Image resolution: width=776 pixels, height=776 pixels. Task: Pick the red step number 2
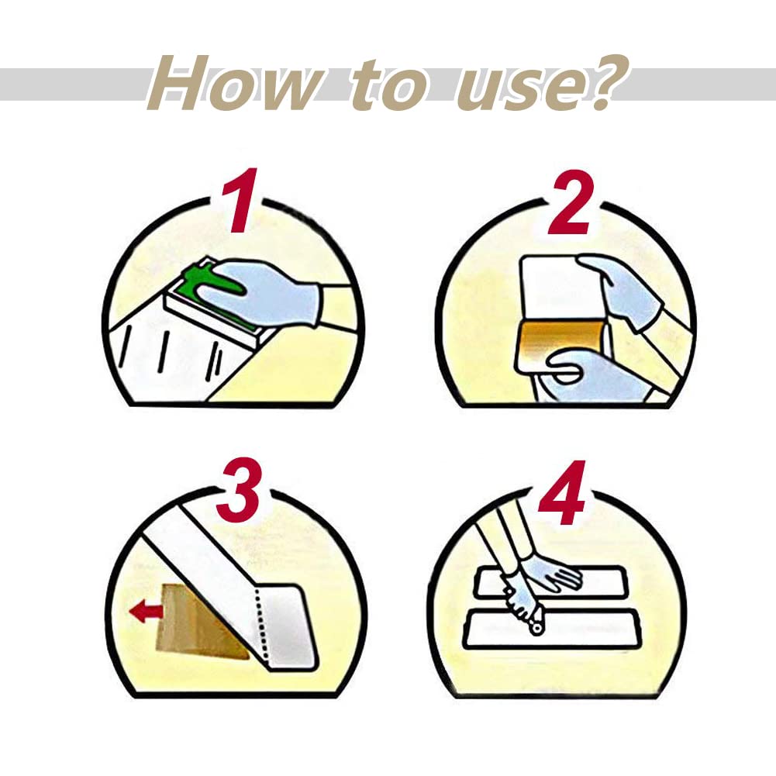pos(571,203)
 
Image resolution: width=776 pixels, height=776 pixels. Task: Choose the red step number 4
pos(563,492)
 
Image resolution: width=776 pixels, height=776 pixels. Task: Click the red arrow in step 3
pos(146,612)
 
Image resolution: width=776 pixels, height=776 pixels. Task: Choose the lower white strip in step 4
pos(552,630)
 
